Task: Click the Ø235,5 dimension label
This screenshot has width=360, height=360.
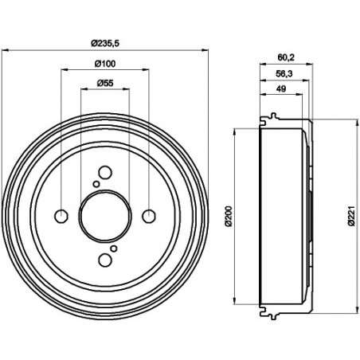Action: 105,42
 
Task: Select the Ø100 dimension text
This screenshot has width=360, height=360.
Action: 105,63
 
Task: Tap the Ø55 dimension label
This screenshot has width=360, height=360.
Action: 105,83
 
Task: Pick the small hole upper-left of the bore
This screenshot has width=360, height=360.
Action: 96,185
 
